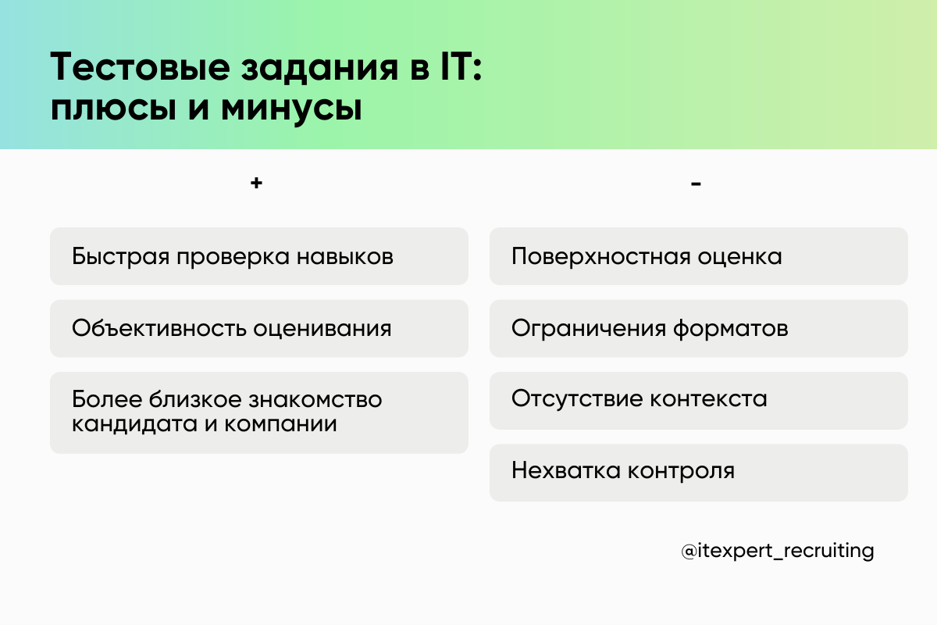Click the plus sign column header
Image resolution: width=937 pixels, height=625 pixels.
255,184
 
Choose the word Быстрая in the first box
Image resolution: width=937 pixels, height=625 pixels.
118,256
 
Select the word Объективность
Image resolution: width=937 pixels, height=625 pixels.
160,329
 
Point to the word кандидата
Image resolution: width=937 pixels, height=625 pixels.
124,425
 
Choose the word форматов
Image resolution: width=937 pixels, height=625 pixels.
731,329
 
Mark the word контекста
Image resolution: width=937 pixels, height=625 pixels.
709,399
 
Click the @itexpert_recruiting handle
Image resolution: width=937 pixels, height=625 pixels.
777,551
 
